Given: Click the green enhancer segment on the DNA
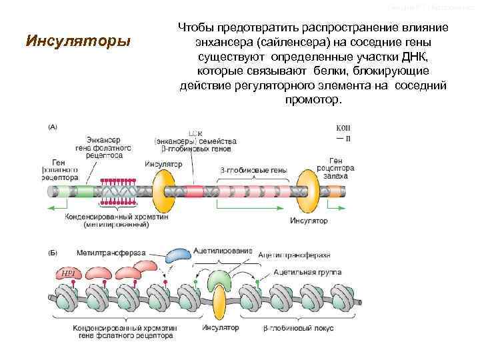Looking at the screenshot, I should tap(85, 191).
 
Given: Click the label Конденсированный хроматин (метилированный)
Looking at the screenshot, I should tap(117, 221).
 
